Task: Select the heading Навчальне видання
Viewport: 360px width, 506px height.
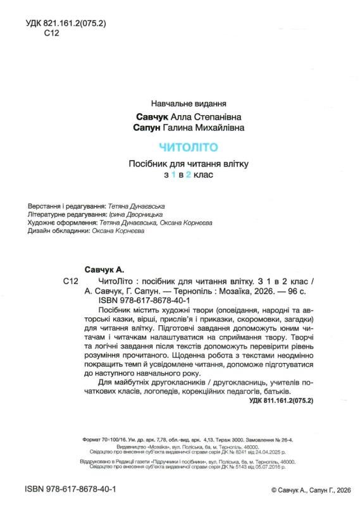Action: coord(189,103)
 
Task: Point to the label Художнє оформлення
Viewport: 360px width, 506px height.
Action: coord(62,223)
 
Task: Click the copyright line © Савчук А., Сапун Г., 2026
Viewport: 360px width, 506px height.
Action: coord(310,490)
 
